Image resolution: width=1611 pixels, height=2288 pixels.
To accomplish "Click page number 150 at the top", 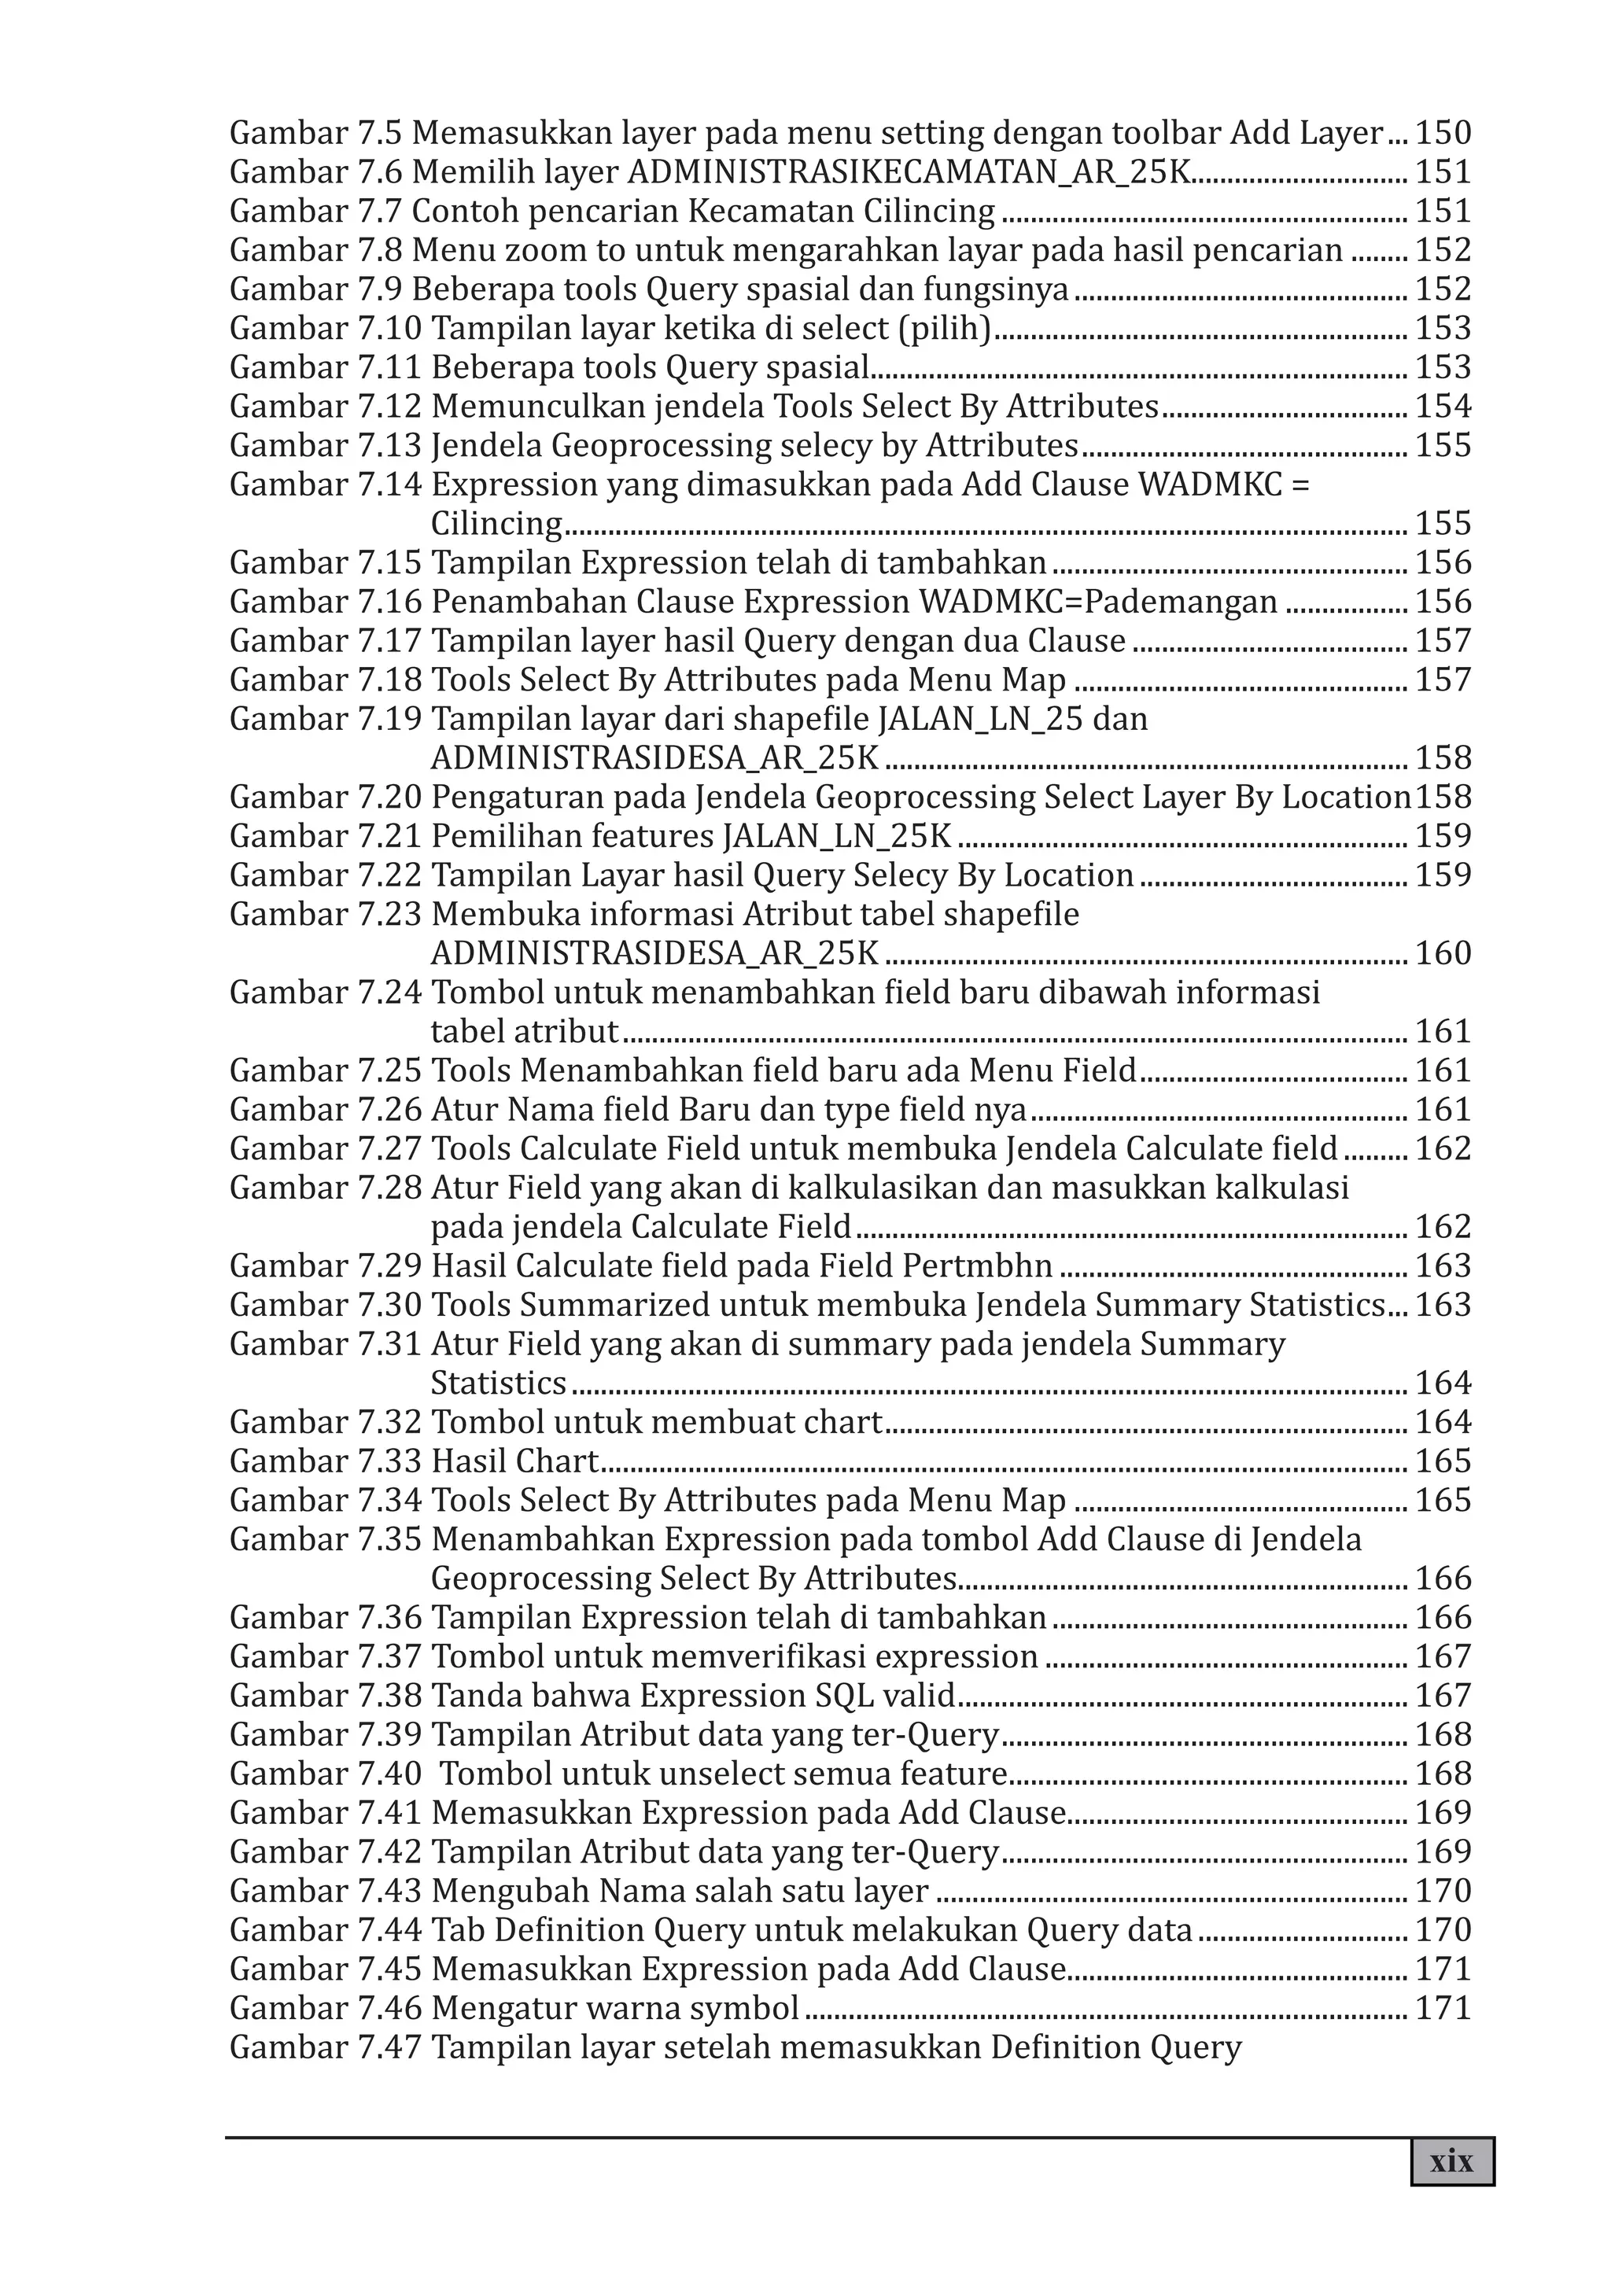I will tap(1443, 133).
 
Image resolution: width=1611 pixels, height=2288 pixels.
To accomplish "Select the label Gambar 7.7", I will tap(316, 212).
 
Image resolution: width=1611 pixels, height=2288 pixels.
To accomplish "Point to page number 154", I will tap(1443, 407).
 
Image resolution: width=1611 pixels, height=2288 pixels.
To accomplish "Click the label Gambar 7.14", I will tap(325, 484).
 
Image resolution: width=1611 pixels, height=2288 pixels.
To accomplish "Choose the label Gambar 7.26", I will tap(325, 1109).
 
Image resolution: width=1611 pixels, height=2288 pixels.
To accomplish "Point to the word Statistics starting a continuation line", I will tap(497, 1383).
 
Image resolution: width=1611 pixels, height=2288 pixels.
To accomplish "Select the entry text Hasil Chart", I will tap(514, 1461).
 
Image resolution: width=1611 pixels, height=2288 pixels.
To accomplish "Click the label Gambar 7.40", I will tap(325, 1774).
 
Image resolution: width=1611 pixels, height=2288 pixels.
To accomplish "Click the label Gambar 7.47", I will tap(325, 2047).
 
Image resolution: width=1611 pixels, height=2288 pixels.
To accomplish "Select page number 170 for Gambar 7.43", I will tap(1443, 1890).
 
